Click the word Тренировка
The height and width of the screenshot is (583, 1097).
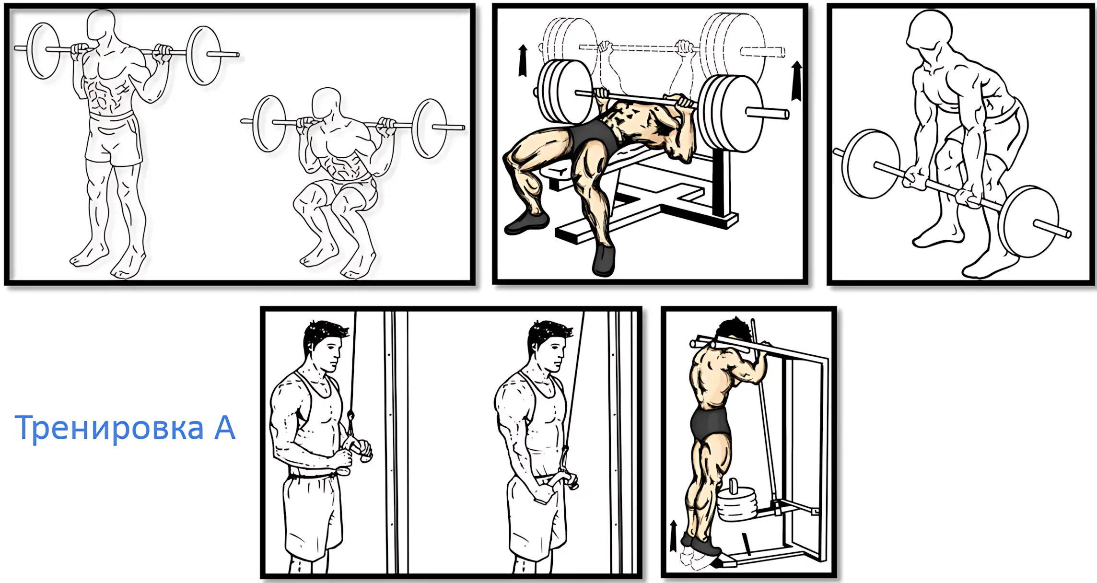[x=109, y=428]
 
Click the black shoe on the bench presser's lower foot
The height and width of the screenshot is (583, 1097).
[x=604, y=261]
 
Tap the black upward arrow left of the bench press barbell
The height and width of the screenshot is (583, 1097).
[x=523, y=60]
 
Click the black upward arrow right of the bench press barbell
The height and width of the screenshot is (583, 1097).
[x=796, y=81]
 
